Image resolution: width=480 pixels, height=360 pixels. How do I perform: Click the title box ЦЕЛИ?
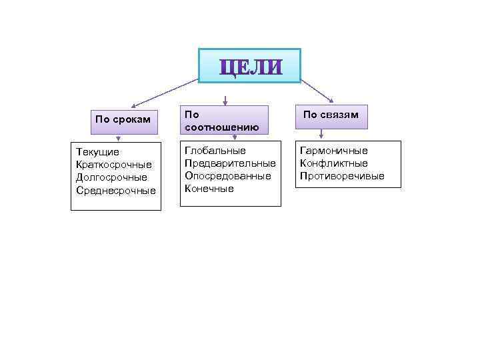point(250,65)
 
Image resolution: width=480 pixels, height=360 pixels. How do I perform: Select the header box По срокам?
point(123,120)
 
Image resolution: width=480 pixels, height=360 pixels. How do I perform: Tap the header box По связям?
point(331,115)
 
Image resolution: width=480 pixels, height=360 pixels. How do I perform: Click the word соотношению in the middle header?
point(213,127)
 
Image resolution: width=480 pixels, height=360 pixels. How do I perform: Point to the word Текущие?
point(98,153)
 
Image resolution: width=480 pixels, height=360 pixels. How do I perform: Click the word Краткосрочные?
point(114,165)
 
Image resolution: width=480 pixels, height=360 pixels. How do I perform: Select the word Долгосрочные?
point(112,177)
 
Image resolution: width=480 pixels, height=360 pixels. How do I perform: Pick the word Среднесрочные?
point(116,190)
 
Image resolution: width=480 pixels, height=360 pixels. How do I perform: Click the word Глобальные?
point(215,151)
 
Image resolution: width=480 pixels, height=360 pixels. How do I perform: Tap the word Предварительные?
point(230,163)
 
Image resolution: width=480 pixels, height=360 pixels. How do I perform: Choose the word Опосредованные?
point(228,176)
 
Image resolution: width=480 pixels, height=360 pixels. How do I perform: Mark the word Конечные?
point(209,189)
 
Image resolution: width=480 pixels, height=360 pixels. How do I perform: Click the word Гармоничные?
point(334,151)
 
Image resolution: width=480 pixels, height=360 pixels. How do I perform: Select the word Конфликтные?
point(334,163)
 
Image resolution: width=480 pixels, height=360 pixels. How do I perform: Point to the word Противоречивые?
point(342,176)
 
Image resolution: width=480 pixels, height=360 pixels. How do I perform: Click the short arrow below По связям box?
point(321,134)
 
